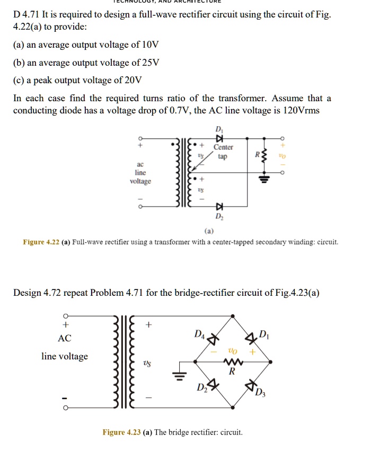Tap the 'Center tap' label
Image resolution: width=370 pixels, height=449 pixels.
point(223,152)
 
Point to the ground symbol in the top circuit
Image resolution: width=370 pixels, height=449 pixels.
point(262,178)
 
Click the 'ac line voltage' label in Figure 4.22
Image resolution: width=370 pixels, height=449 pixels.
point(140,173)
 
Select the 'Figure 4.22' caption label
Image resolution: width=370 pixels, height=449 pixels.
point(41,242)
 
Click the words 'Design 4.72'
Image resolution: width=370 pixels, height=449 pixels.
point(38,293)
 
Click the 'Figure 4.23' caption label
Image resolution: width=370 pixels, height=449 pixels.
point(121,432)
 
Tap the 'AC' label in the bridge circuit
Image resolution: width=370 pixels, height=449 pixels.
point(65,338)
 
